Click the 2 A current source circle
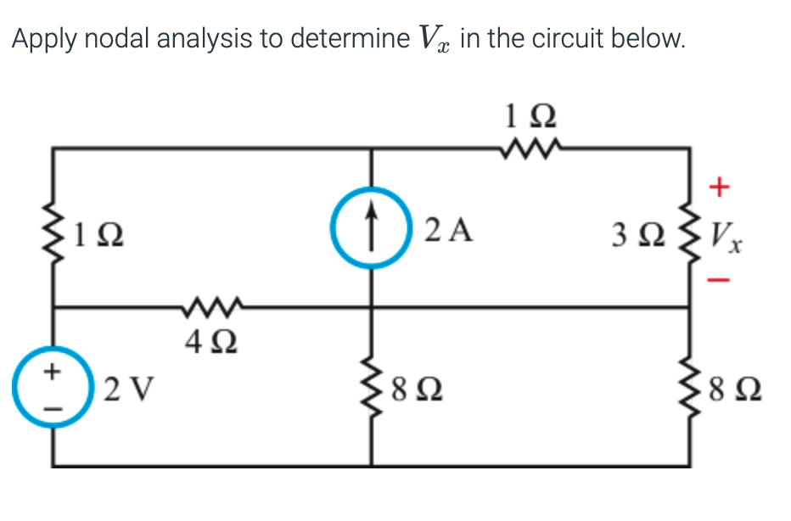pyautogui.click(x=372, y=228)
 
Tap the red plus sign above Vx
pyautogui.click(x=718, y=185)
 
